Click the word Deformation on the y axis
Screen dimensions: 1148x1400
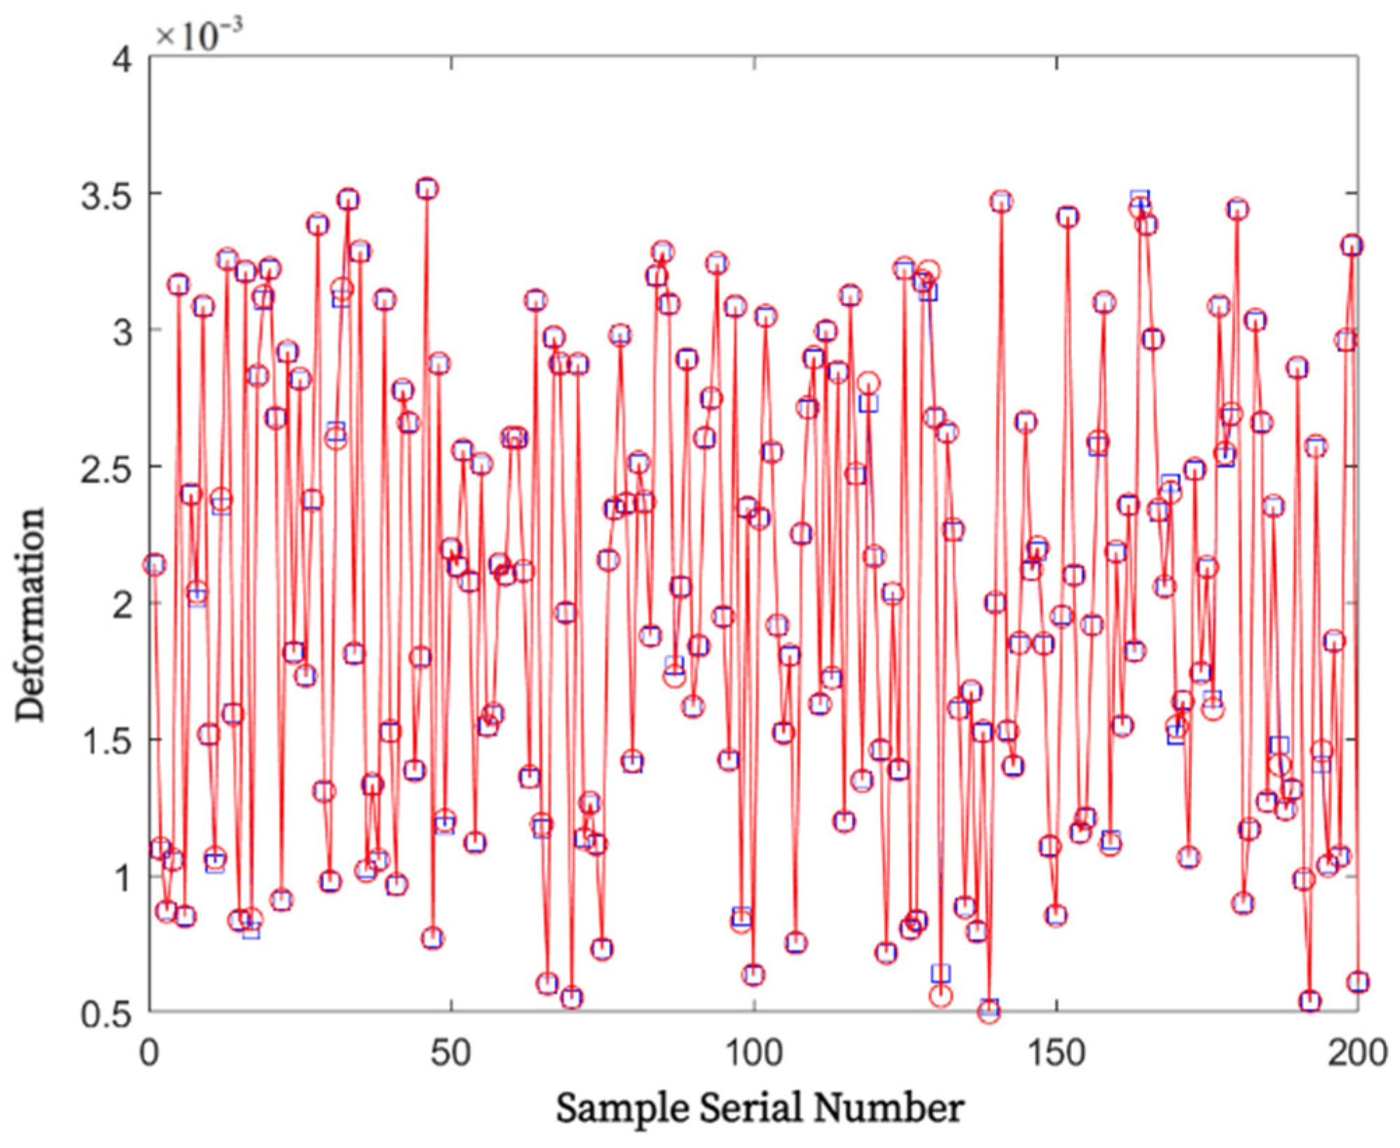click(x=32, y=615)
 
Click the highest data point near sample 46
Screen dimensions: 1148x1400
click(x=428, y=189)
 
